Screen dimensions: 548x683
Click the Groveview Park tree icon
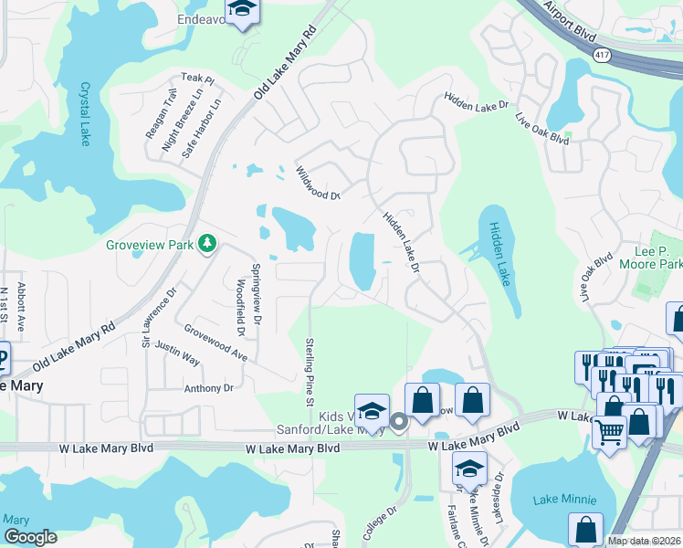point(209,243)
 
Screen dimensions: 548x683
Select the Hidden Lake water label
point(500,255)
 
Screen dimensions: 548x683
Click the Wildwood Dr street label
point(317,183)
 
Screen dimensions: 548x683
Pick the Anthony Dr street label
point(209,388)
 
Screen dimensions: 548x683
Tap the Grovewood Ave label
point(215,341)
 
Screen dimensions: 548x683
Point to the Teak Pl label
point(197,79)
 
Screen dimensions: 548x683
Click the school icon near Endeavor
point(242,10)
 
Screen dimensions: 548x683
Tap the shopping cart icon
point(609,432)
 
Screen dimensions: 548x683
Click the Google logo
point(30,537)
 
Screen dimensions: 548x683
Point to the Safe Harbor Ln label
point(202,129)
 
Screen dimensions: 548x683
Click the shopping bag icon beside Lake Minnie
point(585,529)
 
